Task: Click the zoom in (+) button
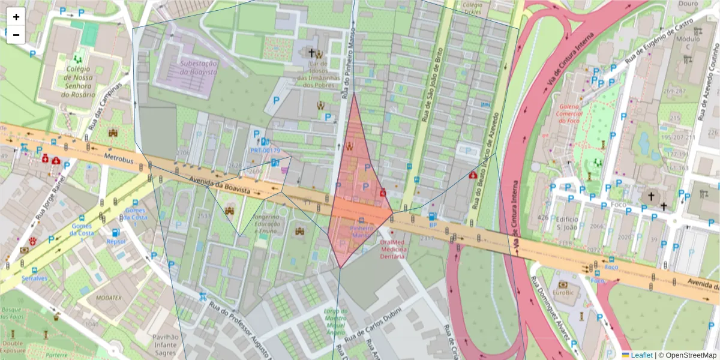[16, 17]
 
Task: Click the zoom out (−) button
[16, 35]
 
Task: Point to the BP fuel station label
[432, 225]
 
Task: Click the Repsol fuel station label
[116, 241]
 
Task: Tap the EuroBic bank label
[562, 293]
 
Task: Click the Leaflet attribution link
[641, 355]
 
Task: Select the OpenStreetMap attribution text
[687, 355]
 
